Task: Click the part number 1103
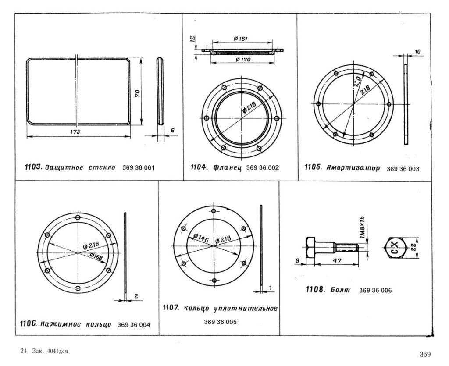(x=32, y=167)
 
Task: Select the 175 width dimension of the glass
(x=77, y=132)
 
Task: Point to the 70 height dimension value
(x=137, y=93)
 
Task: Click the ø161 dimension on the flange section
(x=241, y=39)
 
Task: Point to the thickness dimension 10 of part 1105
(x=418, y=52)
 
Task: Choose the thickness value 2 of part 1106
(x=136, y=296)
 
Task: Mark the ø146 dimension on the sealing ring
(x=200, y=238)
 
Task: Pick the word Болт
(x=340, y=290)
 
